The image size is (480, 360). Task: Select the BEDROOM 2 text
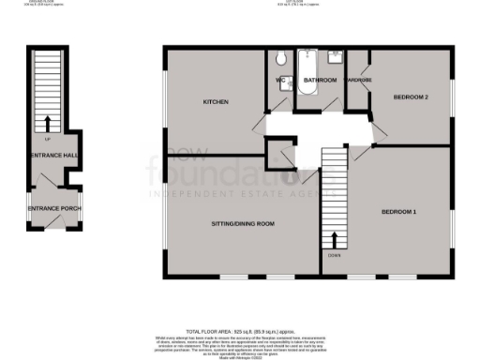[410, 97]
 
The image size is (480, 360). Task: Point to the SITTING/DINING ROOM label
[242, 223]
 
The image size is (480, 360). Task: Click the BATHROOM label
[320, 81]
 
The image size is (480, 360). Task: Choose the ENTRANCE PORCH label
[49, 208]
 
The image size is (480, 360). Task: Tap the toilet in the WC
[282, 60]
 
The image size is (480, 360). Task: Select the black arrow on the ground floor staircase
[47, 124]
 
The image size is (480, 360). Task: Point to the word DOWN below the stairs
[335, 254]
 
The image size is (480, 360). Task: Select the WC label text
[279, 81]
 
